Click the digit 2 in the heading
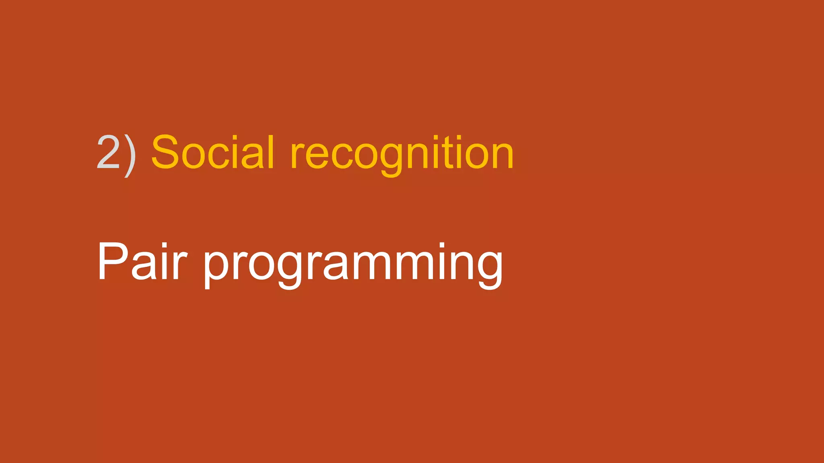[108, 152]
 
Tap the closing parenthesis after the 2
[130, 155]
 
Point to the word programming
[353, 265]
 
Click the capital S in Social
[165, 152]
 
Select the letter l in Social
[271, 152]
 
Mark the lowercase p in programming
[217, 267]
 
